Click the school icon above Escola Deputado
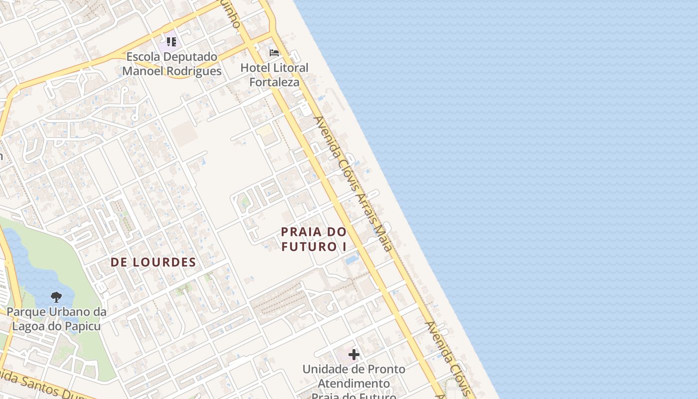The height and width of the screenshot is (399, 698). (172, 41)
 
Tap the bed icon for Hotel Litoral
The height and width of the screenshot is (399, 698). (274, 53)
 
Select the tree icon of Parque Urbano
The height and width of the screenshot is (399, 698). (56, 297)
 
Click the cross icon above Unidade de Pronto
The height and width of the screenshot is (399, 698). (354, 355)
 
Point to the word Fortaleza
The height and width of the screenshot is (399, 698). (274, 82)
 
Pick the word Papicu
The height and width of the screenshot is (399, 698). (80, 327)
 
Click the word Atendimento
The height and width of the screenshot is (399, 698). (353, 384)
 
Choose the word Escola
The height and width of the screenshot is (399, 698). (144, 57)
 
